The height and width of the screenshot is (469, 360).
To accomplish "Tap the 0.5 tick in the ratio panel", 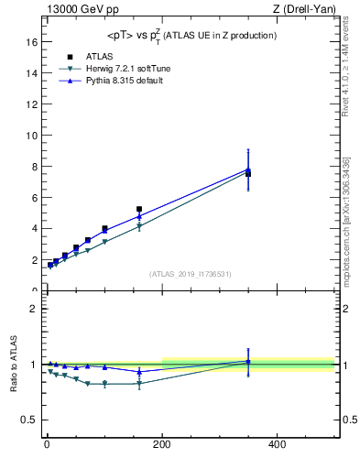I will coord(30,420).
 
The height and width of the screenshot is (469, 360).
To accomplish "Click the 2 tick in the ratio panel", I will coord(34,309).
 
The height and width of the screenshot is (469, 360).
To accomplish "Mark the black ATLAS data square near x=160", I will coord(139,209).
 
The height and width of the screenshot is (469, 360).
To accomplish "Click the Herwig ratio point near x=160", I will coord(139,384).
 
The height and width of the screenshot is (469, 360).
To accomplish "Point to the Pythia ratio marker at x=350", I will coord(248,361).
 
